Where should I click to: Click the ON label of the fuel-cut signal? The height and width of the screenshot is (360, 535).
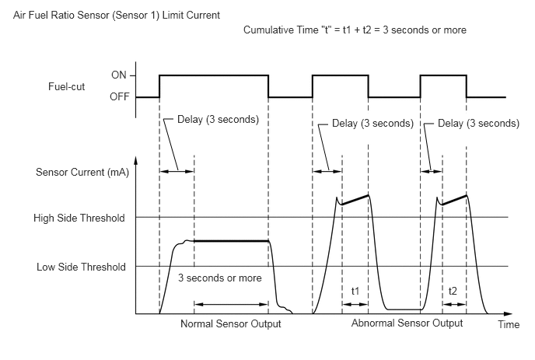coord(119,75)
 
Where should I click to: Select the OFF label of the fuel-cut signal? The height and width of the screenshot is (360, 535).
coord(120,97)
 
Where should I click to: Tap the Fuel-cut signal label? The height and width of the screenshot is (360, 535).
coord(67,86)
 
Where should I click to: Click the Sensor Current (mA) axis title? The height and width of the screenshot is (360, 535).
coord(82,172)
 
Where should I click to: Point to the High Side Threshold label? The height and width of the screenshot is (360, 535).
coord(79,218)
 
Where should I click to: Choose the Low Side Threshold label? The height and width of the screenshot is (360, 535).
coord(81,267)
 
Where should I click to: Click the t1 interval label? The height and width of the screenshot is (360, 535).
coord(355,291)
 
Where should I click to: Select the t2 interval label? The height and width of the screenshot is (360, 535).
coord(453,291)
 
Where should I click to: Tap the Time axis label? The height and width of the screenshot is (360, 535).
coord(509,324)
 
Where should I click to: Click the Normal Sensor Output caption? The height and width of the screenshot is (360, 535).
coord(231,323)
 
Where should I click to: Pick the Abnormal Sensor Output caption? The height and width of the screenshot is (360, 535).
coord(407,323)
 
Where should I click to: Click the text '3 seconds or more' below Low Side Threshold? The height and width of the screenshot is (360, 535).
coord(220,278)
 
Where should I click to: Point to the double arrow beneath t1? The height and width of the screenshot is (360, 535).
coord(355,304)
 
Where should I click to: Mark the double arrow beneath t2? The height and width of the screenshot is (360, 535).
coord(454,304)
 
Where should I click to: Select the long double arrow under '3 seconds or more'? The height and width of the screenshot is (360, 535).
coord(231,304)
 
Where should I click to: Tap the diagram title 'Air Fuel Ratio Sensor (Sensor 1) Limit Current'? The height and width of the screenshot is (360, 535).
coord(117,16)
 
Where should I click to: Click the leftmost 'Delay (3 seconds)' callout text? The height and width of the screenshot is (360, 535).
coord(218,120)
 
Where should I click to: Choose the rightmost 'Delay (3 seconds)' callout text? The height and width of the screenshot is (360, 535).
coord(478,123)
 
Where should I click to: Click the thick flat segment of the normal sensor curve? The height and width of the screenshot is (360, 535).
coord(231,241)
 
